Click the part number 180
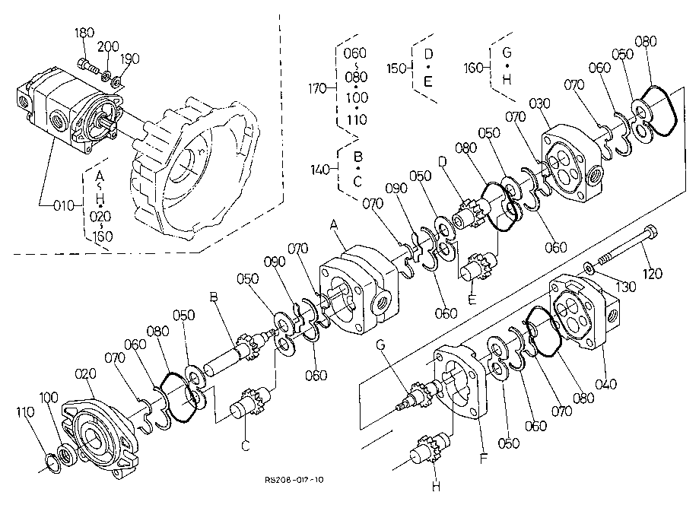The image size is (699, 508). [84, 33]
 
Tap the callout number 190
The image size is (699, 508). [130, 59]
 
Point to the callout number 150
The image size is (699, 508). [396, 68]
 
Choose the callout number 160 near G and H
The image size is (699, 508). [472, 68]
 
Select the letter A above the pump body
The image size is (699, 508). [332, 224]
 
